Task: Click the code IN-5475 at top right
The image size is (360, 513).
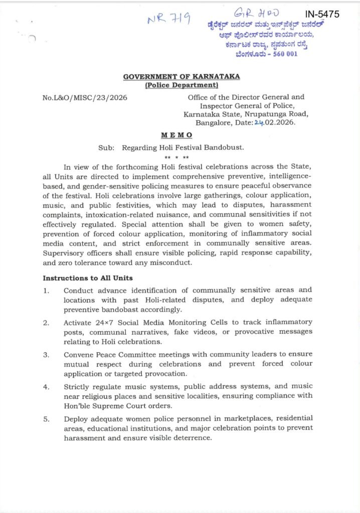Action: point(322,15)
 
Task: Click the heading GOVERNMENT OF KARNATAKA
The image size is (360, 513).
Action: point(181,77)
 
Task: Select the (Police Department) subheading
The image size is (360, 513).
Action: point(181,85)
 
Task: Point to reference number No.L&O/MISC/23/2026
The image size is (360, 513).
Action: point(85,97)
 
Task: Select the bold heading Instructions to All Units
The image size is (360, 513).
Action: point(88,278)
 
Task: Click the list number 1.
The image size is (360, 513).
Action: point(46,290)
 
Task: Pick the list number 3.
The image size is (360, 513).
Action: point(46,355)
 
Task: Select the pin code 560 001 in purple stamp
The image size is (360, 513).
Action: point(284,53)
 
